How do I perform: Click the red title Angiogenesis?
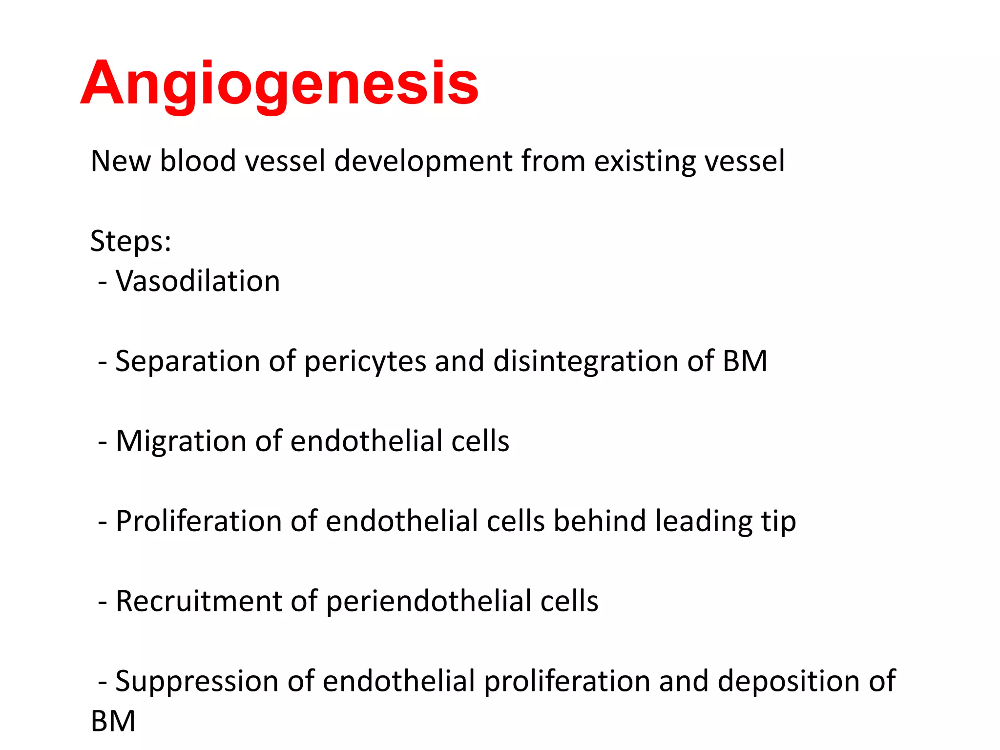[x=279, y=83]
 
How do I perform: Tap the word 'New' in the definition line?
[x=121, y=161]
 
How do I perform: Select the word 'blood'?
[x=198, y=161]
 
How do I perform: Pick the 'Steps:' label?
[x=131, y=242]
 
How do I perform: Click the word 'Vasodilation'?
[x=198, y=281]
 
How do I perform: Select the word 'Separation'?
[x=187, y=361]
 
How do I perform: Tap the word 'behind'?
[x=600, y=521]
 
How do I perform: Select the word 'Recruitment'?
[x=199, y=601]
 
